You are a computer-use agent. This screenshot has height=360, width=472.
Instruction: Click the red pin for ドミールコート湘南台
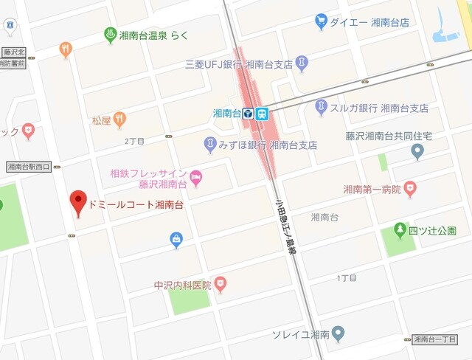[x=78, y=201]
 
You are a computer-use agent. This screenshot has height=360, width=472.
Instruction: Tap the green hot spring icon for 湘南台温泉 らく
[x=110, y=34]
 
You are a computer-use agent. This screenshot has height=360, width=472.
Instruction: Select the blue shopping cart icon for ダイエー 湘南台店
[x=321, y=21]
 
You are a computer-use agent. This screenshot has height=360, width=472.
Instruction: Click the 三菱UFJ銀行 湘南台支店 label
[x=239, y=65]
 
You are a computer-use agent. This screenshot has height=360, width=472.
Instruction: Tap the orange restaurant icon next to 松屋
[x=119, y=120]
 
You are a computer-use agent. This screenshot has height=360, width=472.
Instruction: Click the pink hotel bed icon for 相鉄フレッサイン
[x=195, y=177]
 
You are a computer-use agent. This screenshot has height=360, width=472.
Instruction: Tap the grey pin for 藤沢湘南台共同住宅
[x=417, y=152]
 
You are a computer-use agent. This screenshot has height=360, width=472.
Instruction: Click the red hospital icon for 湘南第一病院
[x=410, y=190]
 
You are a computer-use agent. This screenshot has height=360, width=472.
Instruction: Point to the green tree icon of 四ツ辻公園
[x=400, y=231]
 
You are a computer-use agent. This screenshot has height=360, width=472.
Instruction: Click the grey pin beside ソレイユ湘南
[x=338, y=334]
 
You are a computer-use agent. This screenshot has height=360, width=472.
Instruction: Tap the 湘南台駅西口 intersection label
[x=28, y=167]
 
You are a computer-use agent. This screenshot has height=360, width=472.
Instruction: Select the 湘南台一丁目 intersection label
[x=440, y=339]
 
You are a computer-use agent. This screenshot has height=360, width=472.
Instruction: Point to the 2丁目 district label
[x=135, y=140]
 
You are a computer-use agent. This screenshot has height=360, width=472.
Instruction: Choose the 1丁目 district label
[x=347, y=278]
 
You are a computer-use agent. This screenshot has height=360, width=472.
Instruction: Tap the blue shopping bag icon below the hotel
[x=177, y=240]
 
